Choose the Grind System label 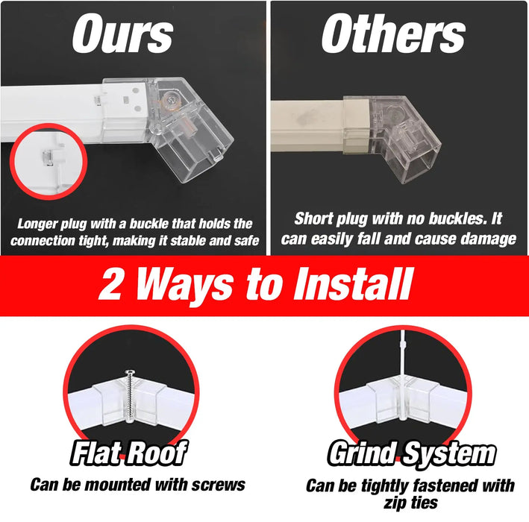411,453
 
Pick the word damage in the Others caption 489,239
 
